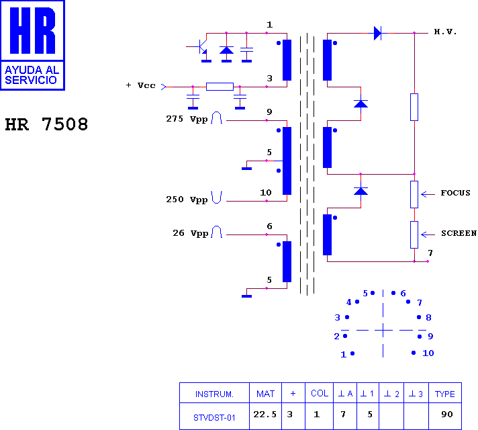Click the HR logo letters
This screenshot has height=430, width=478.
pos(33,30)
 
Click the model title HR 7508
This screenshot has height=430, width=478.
pos(46,124)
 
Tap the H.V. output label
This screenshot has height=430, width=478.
pos(445,32)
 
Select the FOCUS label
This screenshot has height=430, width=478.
pos(455,193)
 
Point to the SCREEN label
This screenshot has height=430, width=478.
pos(459,233)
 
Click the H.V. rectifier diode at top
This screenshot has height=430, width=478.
pos(377,33)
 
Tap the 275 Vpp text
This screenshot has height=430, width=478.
pos(187,119)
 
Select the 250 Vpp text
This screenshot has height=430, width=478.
pos(187,200)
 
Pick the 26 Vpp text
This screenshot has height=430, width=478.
pos(190,233)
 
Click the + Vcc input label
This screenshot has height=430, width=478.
pos(140,85)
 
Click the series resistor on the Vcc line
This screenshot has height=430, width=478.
pos(220,87)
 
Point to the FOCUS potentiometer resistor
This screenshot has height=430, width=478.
pos(414,194)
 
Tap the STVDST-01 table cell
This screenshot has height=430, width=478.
pos(214,417)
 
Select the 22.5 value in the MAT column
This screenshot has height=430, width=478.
pos(265,415)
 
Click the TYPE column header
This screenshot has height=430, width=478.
pos(445,394)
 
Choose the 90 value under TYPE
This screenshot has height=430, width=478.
pos(447,415)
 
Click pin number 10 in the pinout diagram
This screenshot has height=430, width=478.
pos(428,353)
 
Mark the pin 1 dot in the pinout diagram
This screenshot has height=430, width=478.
pos(352,353)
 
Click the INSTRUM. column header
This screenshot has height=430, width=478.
pos(214,394)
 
